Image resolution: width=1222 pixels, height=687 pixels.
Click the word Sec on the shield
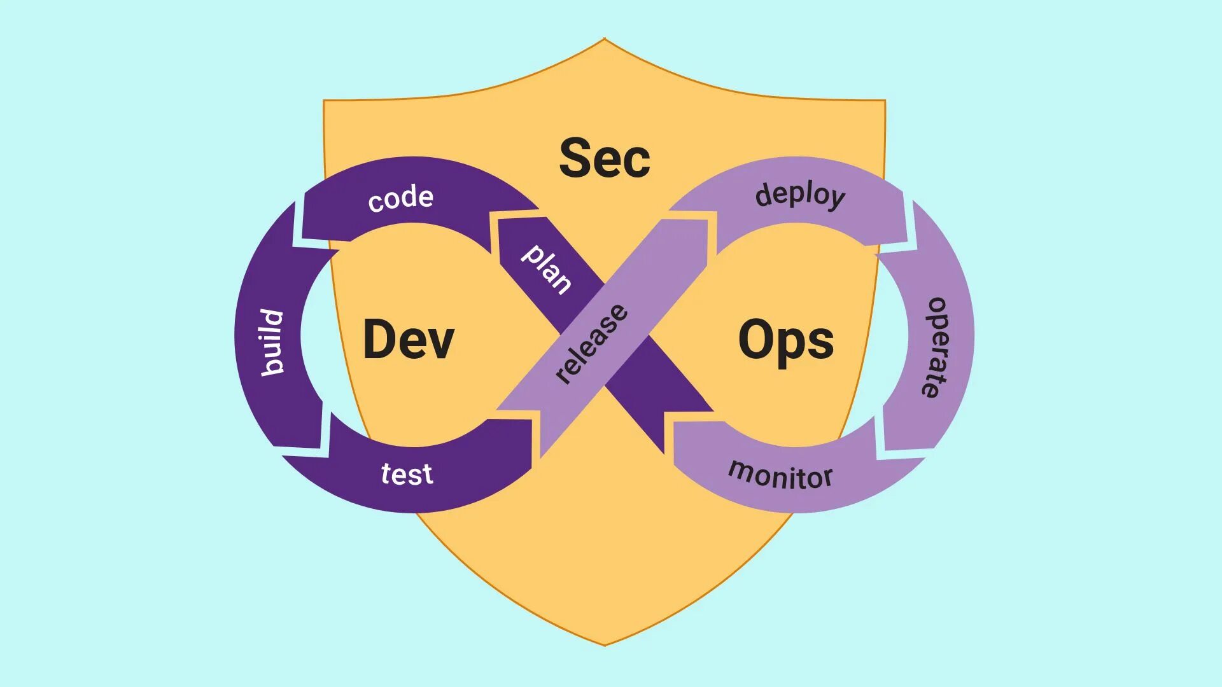point(605,158)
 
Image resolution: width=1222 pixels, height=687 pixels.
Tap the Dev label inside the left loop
point(408,340)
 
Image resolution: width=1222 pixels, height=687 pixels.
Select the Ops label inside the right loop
point(786,341)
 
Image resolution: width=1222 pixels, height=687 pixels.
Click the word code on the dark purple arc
point(401,198)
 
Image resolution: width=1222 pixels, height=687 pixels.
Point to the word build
point(272,343)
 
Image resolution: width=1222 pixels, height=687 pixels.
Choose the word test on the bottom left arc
point(407,475)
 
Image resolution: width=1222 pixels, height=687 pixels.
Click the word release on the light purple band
point(591,343)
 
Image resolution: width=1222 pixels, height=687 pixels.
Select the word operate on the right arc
point(936,347)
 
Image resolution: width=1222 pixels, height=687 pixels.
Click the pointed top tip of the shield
point(605,39)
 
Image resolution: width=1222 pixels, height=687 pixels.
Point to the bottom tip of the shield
point(605,645)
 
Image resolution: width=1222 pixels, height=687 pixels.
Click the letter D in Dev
point(379,340)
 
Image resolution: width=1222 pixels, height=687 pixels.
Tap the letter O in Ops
point(755,340)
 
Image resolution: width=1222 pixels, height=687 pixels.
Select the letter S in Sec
point(575,158)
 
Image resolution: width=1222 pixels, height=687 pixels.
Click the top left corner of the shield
point(325,101)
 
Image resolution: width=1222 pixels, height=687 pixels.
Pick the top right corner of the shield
point(884,101)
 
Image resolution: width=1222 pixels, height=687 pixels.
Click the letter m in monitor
point(739,470)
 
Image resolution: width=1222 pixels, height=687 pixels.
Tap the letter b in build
point(273,365)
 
